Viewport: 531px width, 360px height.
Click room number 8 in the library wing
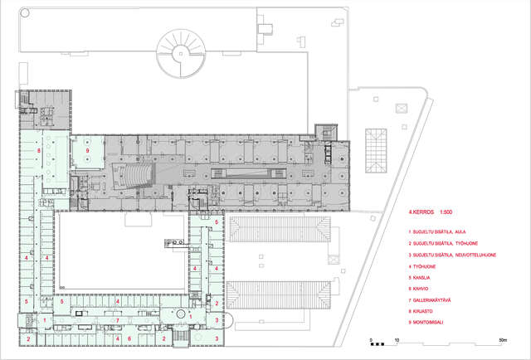39,152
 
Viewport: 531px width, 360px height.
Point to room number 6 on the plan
129,339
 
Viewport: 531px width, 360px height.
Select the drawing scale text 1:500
440,212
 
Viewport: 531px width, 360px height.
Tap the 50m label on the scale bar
503,340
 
